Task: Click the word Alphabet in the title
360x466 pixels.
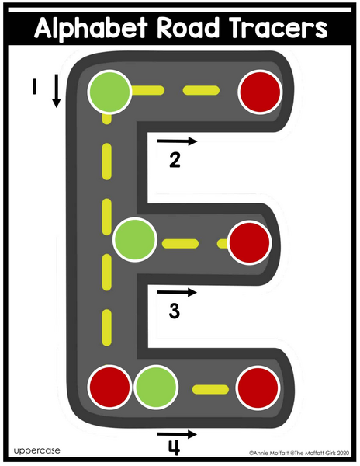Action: pyautogui.click(x=91, y=28)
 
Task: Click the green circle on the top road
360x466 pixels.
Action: pyautogui.click(x=109, y=92)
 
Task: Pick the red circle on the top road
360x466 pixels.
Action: pyautogui.click(x=260, y=92)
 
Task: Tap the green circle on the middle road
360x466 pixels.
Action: pyautogui.click(x=135, y=239)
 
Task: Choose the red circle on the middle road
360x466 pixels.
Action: pyautogui.click(x=250, y=242)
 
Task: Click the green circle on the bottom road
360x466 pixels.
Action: pyautogui.click(x=156, y=388)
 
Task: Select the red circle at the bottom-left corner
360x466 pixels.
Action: pyautogui.click(x=110, y=388)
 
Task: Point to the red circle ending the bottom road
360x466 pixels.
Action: pyautogui.click(x=258, y=388)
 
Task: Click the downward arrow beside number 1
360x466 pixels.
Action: pyautogui.click(x=56, y=91)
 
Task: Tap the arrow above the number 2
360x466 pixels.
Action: pyautogui.click(x=177, y=141)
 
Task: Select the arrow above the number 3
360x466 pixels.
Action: pyautogui.click(x=177, y=293)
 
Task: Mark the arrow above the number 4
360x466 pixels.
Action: pyautogui.click(x=177, y=434)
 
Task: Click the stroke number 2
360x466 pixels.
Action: pyautogui.click(x=175, y=159)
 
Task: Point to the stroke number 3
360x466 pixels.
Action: pyautogui.click(x=175, y=311)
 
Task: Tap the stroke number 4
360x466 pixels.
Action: pyautogui.click(x=175, y=448)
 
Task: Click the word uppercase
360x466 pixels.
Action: pyautogui.click(x=36, y=450)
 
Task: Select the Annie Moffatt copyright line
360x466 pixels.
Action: pyautogui.click(x=299, y=454)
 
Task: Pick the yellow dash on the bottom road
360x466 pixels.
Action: pyautogui.click(x=210, y=389)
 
